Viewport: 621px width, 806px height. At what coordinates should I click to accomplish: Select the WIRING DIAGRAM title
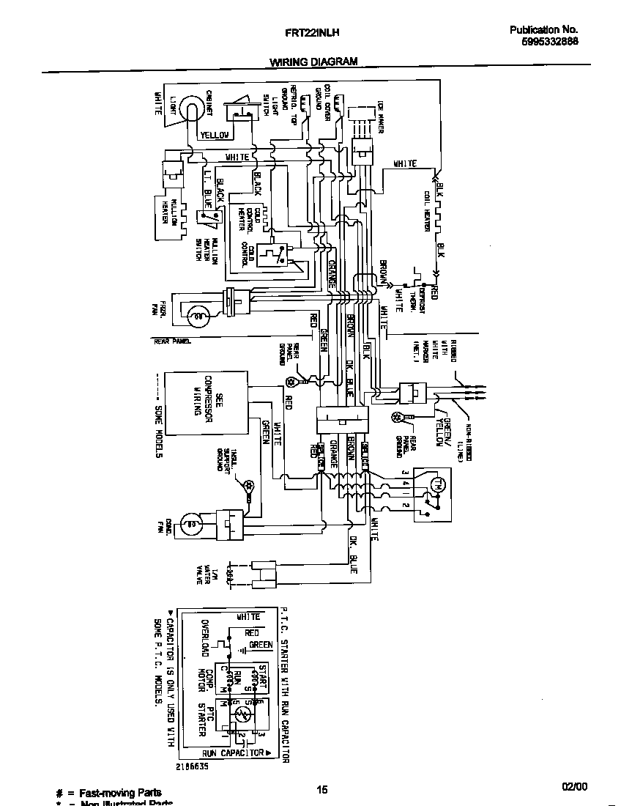pos(314,62)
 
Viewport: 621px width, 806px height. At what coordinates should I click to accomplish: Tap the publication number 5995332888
pos(544,42)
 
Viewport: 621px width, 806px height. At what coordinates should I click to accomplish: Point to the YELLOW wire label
pos(215,135)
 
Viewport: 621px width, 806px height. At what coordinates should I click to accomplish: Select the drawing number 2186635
pos(191,765)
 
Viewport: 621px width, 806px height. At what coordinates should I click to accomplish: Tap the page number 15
pos(321,789)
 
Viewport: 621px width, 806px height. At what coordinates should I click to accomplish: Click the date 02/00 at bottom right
pos(574,786)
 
